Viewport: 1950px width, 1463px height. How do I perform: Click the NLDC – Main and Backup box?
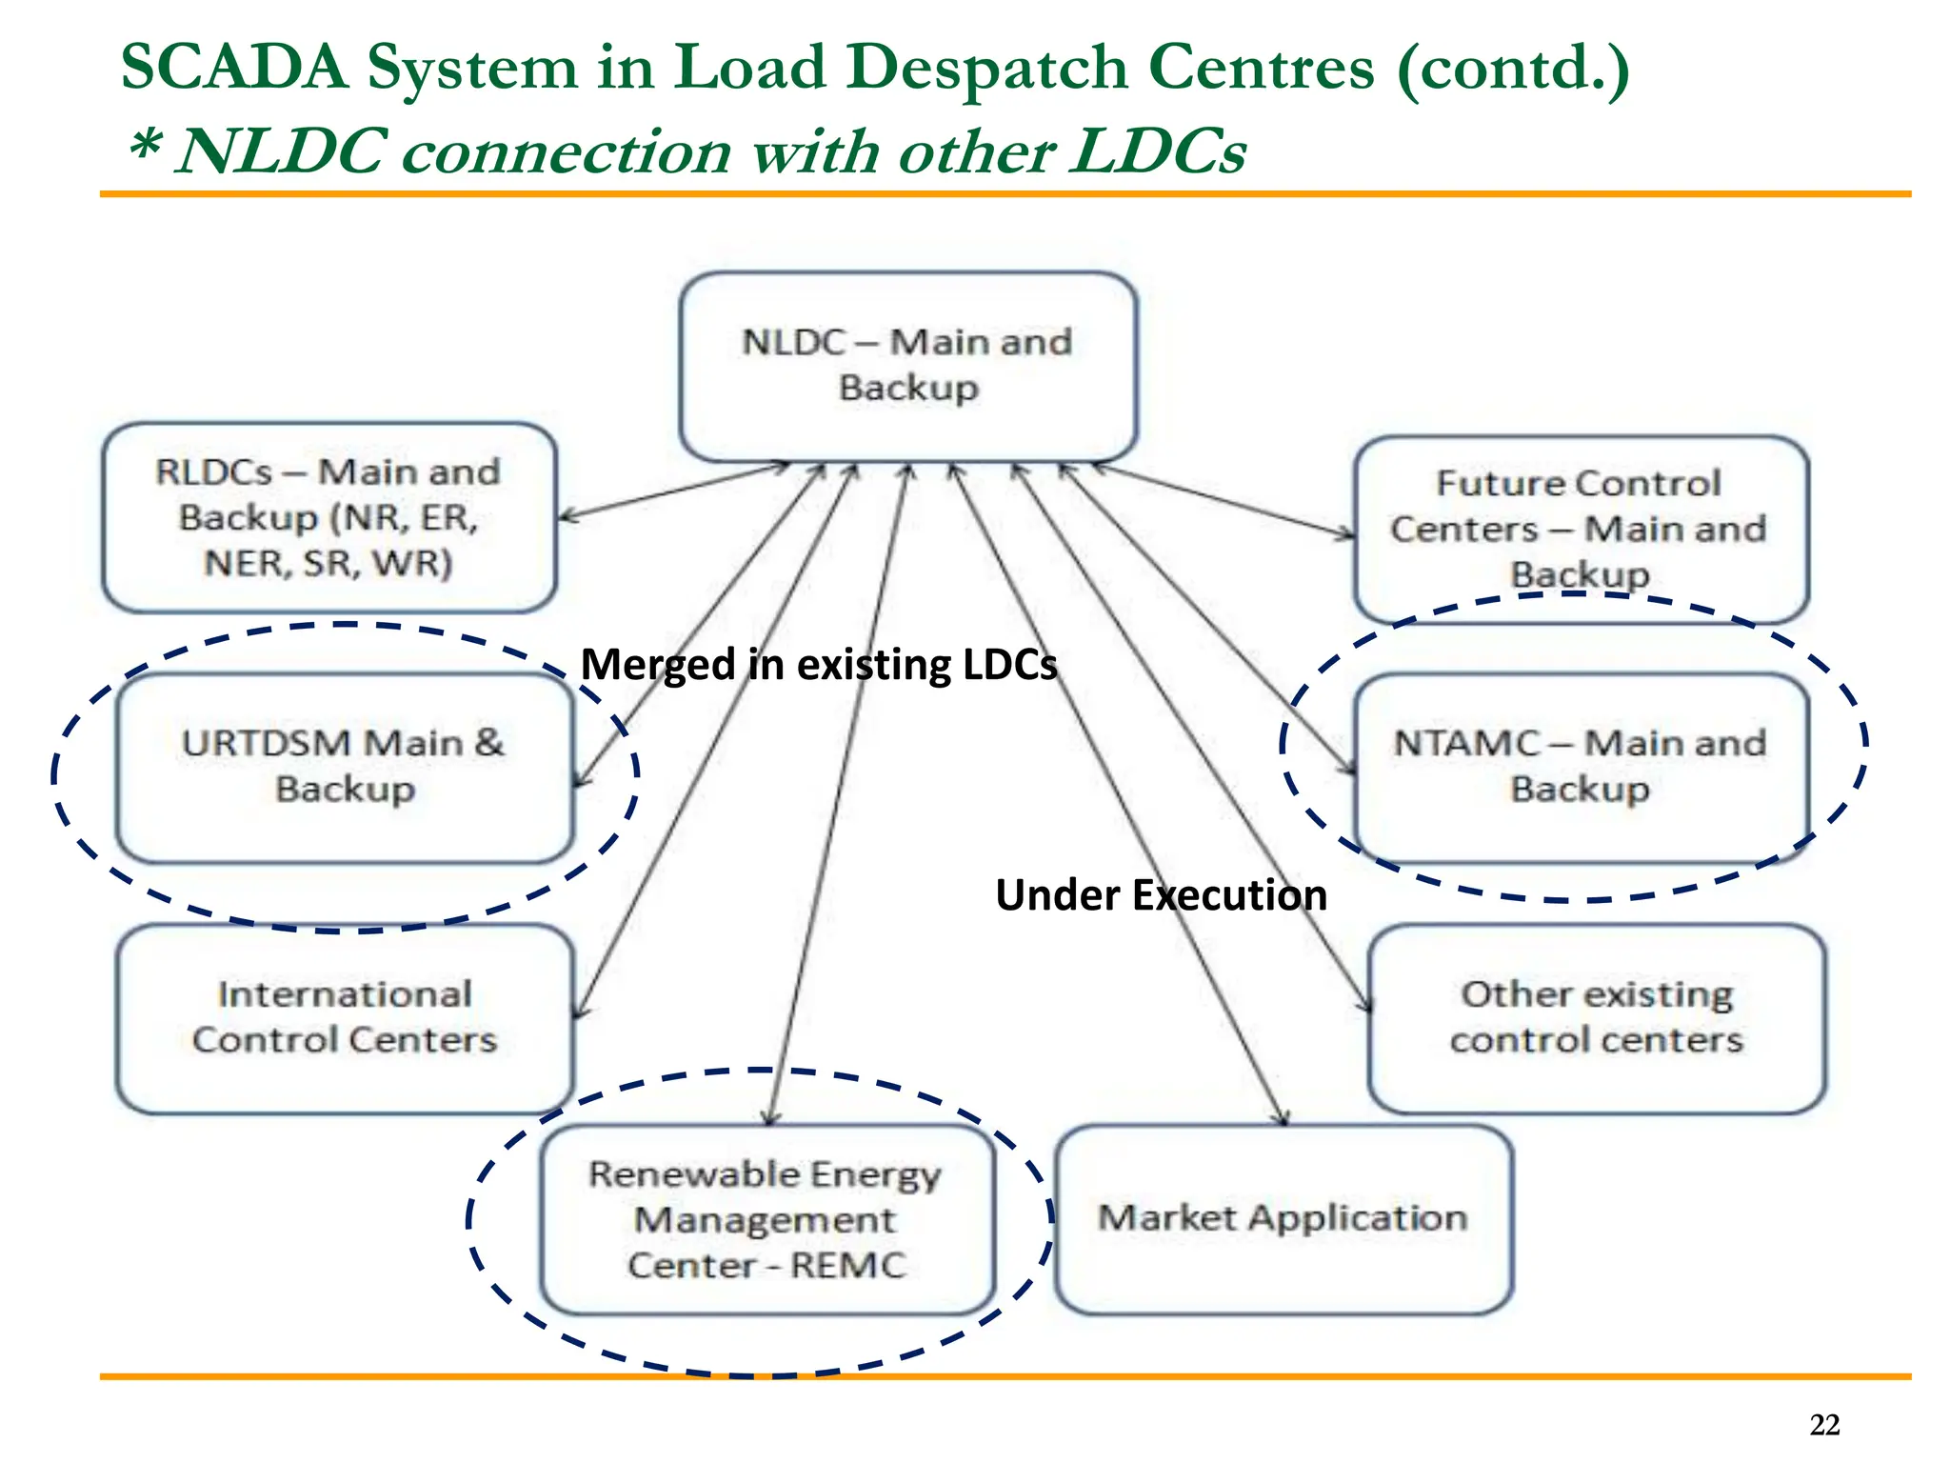click(907, 366)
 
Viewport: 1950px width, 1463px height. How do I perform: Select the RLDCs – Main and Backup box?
click(328, 517)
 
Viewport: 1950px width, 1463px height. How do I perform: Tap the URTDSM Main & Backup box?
click(344, 767)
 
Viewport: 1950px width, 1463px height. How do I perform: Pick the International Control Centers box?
click(344, 1017)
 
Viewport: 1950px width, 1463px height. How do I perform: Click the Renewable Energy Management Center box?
click(766, 1219)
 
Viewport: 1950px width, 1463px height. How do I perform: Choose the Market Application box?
click(1283, 1219)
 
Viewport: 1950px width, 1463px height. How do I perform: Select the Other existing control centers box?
click(1597, 1017)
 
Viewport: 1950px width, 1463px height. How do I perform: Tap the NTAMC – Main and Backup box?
click(1580, 767)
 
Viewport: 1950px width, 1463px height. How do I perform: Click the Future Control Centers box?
click(1580, 529)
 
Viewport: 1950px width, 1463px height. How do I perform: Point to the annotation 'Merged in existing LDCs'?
click(819, 665)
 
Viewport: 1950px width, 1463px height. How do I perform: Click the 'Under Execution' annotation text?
click(1161, 895)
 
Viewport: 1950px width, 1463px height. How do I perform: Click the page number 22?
click(1824, 1425)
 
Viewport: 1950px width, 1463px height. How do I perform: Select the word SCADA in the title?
click(234, 69)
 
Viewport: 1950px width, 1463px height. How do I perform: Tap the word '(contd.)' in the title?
click(1513, 69)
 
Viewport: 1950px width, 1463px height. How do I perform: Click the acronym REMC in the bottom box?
click(848, 1266)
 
